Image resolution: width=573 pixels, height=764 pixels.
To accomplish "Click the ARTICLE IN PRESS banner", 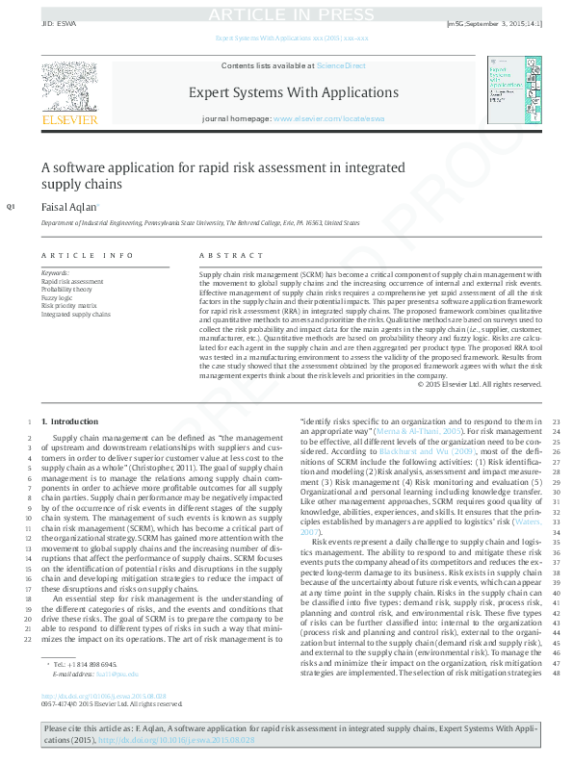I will (x=286, y=13).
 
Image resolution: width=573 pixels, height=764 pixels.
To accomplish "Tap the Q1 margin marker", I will (x=11, y=207).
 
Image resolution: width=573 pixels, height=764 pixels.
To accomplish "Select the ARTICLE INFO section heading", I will (x=87, y=255).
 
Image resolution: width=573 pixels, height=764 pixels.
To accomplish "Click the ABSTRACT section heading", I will (x=231, y=255).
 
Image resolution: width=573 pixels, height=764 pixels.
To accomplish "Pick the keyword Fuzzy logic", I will (x=55, y=297).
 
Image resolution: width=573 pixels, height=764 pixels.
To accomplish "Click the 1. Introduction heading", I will (x=73, y=421).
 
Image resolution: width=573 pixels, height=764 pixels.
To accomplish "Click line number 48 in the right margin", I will (x=557, y=672).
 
